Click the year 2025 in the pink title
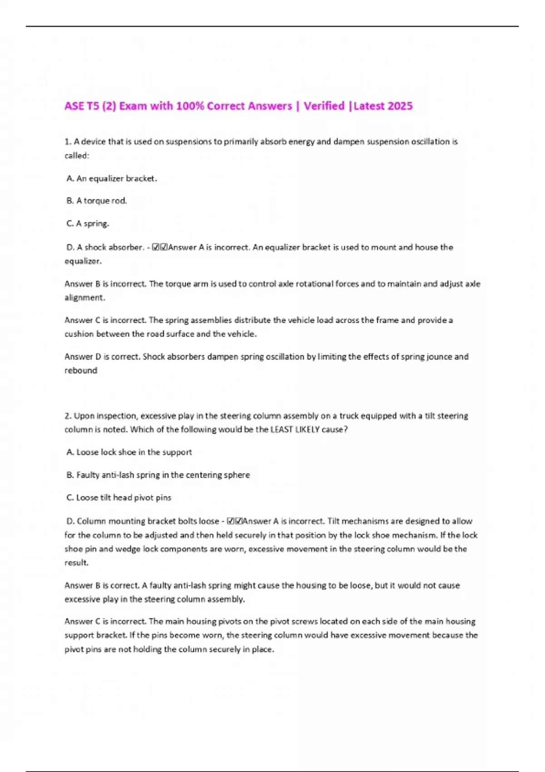tap(401, 106)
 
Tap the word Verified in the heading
tap(324, 106)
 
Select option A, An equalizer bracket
tap(112, 178)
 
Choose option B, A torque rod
tap(97, 201)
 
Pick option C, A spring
tap(88, 223)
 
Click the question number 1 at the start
tap(68, 142)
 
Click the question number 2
tap(68, 416)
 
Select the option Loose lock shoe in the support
tap(129, 452)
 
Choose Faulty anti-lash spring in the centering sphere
tap(158, 475)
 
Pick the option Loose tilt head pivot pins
tap(119, 498)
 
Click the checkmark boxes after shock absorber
tap(160, 247)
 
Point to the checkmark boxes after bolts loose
tap(235, 521)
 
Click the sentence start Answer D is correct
tap(102, 357)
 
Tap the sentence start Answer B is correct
tap(102, 586)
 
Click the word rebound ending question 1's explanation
tap(81, 371)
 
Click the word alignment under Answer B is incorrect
tap(84, 298)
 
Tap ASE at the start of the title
tap(74, 106)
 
